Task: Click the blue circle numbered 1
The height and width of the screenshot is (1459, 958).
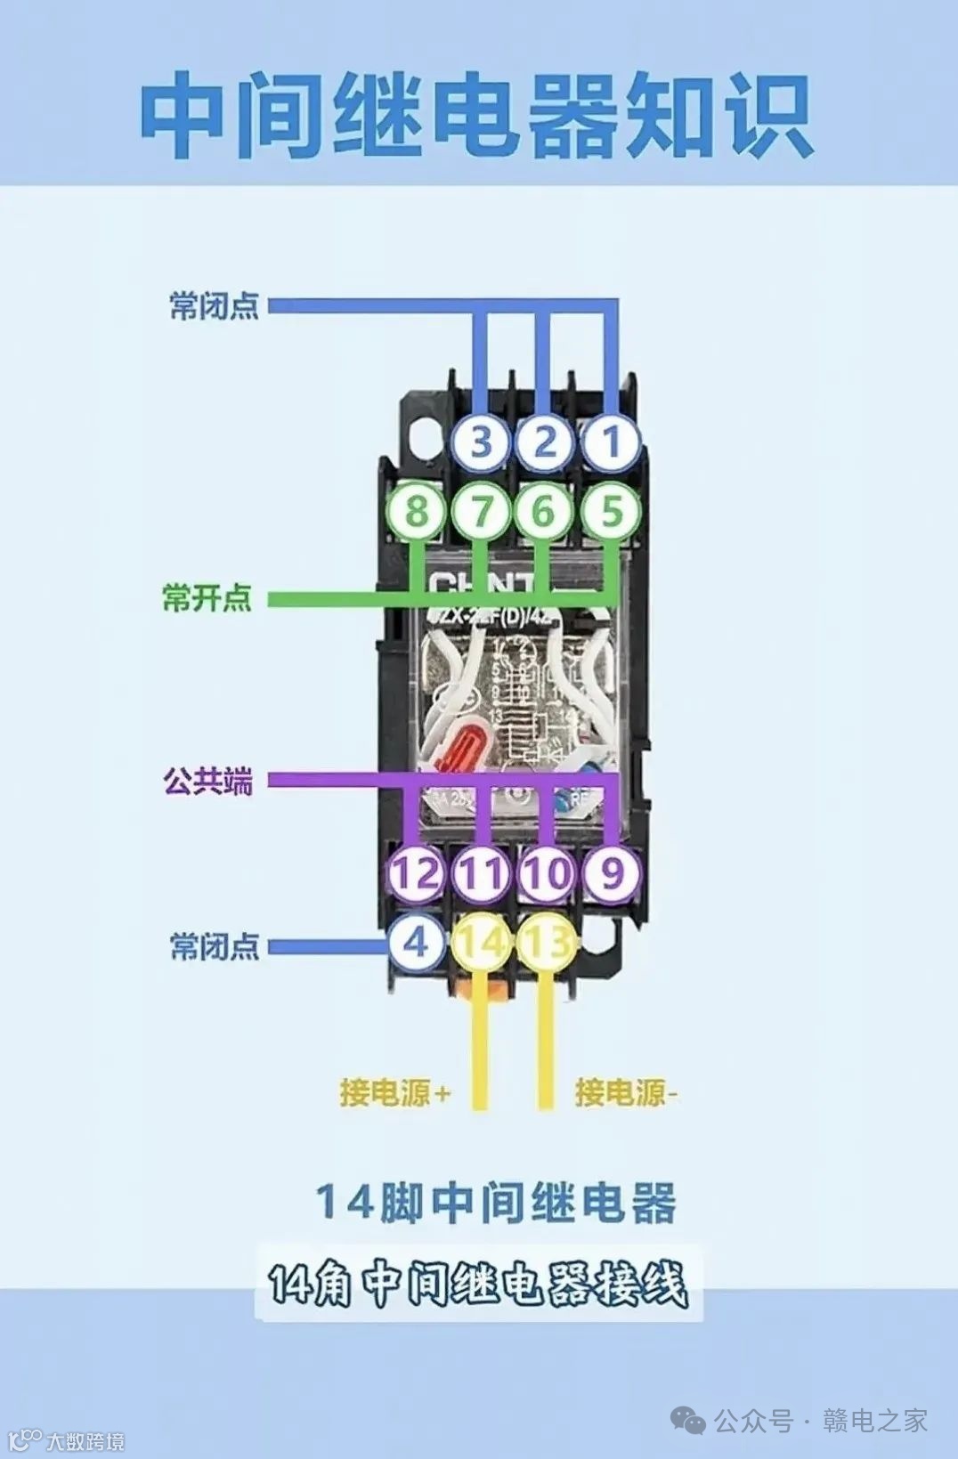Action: tap(611, 442)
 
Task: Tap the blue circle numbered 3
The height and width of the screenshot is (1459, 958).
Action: tap(481, 442)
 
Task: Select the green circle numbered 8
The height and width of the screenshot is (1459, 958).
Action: tap(416, 512)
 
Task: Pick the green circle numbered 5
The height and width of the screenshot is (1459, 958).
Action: tap(611, 512)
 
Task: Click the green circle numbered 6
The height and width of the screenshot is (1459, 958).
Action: tap(544, 512)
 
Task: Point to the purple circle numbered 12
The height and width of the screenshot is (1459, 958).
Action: tap(416, 872)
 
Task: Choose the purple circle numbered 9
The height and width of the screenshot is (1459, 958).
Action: tap(612, 872)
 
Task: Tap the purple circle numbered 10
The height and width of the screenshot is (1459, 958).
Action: tap(546, 872)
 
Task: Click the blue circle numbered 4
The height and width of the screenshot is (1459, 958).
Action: tap(416, 942)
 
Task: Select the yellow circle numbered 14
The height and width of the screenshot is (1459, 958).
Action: tap(481, 942)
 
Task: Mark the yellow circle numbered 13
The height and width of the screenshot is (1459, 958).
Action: tap(546, 942)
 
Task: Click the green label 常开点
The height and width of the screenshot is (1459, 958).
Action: tap(207, 597)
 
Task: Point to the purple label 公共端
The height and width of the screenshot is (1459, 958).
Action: tap(207, 782)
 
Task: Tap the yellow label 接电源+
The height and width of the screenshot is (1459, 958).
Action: tap(394, 1092)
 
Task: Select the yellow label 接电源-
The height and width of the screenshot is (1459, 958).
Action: tap(626, 1092)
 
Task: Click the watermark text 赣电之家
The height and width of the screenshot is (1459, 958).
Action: tap(874, 1421)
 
